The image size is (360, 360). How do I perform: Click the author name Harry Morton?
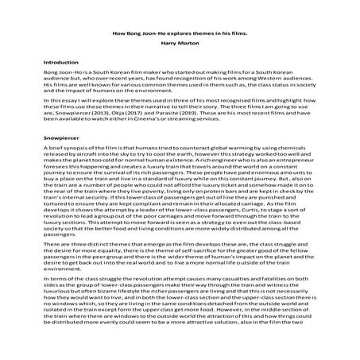pos(180,42)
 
